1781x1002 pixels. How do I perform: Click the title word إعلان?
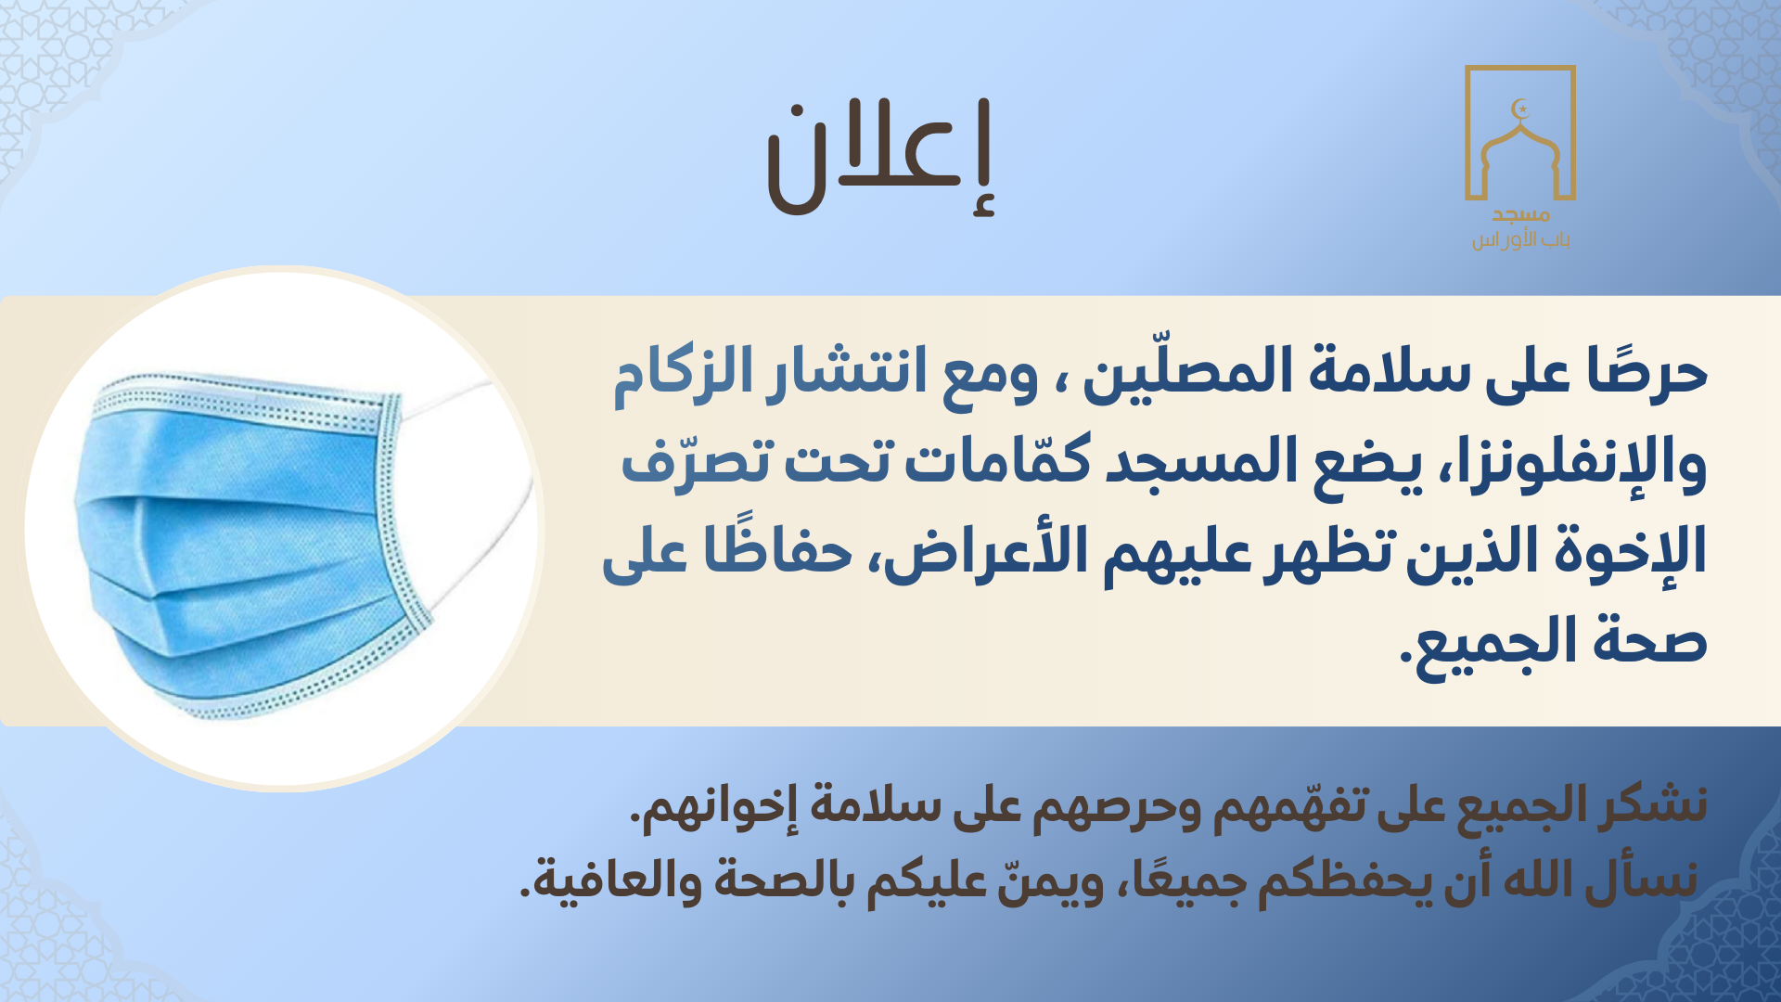point(879,158)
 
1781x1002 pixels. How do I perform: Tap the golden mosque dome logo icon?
point(1520,148)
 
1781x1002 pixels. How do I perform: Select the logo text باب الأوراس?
point(1520,240)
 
